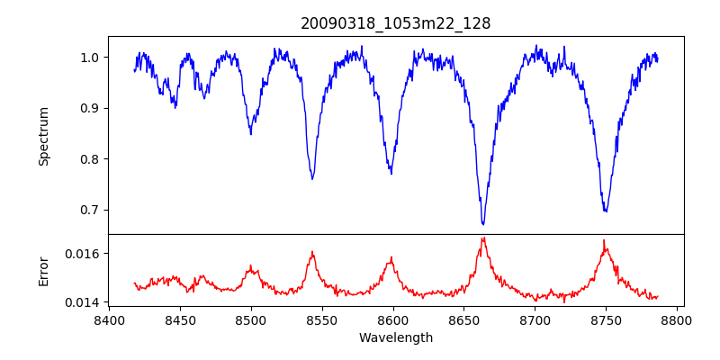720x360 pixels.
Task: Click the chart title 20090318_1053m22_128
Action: coord(395,23)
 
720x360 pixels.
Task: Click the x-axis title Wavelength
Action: coord(395,338)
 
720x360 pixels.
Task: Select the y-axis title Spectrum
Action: coord(43,136)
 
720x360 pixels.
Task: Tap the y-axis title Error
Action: coord(43,271)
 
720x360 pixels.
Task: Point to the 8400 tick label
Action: coord(108,319)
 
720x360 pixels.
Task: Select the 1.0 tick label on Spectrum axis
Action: coord(89,58)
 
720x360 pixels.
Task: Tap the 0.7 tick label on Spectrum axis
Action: coord(89,210)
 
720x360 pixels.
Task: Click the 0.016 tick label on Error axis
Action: coord(83,254)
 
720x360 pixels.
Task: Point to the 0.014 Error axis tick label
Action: coord(83,301)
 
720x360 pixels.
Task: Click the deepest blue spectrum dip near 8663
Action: coord(482,223)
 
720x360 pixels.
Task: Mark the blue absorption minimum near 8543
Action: coord(312,178)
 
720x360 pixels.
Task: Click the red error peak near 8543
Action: coord(312,252)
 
